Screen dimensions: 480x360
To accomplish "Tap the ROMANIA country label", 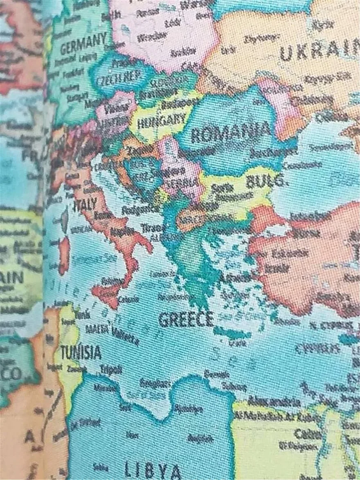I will (231, 132).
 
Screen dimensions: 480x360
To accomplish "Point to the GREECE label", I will (186, 319).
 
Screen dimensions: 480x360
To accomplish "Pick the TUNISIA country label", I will (81, 352).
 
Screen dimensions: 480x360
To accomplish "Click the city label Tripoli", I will (111, 369).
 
